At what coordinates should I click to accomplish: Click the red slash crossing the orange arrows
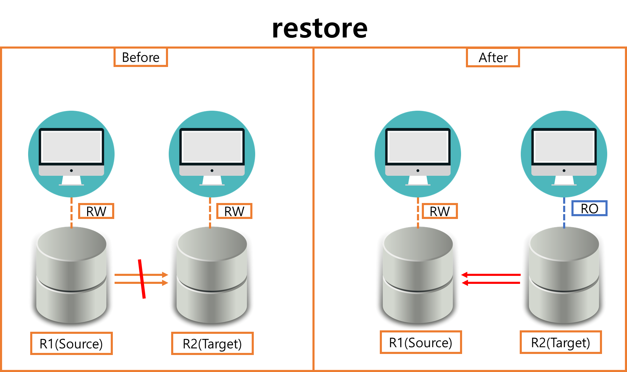pyautogui.click(x=142, y=279)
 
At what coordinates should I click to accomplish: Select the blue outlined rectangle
pyautogui.click(x=589, y=208)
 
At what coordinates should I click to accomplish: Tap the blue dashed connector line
pyautogui.click(x=564, y=213)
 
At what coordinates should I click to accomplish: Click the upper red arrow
pyautogui.click(x=491, y=275)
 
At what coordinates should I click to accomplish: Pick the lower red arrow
pyautogui.click(x=491, y=283)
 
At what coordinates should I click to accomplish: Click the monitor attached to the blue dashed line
pyautogui.click(x=564, y=154)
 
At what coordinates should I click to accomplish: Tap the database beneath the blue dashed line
pyautogui.click(x=564, y=278)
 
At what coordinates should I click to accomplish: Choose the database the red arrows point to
pyautogui.click(x=418, y=278)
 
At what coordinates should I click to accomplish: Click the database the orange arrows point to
pyautogui.click(x=212, y=278)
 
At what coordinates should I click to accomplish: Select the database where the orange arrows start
pyautogui.click(x=71, y=278)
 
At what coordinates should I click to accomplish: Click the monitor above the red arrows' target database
pyautogui.click(x=418, y=154)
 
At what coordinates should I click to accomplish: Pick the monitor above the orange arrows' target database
pyautogui.click(x=212, y=154)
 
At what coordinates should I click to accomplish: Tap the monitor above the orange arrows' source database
pyautogui.click(x=71, y=154)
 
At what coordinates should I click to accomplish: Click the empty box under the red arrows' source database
pyautogui.click(x=561, y=342)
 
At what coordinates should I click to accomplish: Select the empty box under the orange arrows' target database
pyautogui.click(x=212, y=343)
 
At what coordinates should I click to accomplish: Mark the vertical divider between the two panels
pyautogui.click(x=313, y=208)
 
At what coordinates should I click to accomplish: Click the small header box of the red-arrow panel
pyautogui.click(x=493, y=58)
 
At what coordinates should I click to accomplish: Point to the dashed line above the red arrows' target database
pyautogui.click(x=418, y=213)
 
